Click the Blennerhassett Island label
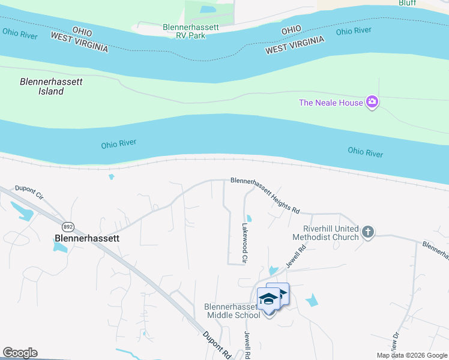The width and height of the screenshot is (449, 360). [42, 86]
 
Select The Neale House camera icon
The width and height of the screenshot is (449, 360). [373, 102]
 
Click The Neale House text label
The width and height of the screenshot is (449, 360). [331, 103]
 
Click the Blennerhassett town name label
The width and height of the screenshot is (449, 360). [87, 238]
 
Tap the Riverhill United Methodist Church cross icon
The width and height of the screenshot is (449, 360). [368, 232]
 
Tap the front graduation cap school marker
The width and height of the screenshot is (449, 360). [268, 298]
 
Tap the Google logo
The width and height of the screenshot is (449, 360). [20, 353]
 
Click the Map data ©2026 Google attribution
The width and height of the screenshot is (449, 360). [411, 355]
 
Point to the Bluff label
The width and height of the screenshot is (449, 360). [407, 2]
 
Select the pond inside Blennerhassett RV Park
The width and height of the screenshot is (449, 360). [208, 10]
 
